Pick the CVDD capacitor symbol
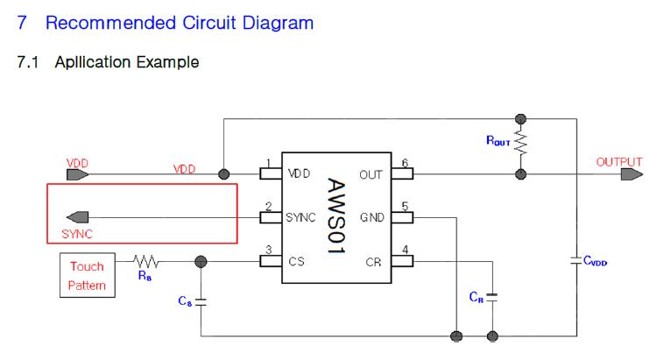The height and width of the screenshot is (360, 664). point(576,259)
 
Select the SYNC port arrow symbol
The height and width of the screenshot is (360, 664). point(78,217)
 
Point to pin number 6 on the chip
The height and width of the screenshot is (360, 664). point(405,164)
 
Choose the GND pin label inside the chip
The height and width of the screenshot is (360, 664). point(371,217)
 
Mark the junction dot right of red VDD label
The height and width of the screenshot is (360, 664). point(224,174)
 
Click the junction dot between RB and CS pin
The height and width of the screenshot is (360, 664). point(201,260)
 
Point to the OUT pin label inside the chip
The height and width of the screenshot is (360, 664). point(371,174)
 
